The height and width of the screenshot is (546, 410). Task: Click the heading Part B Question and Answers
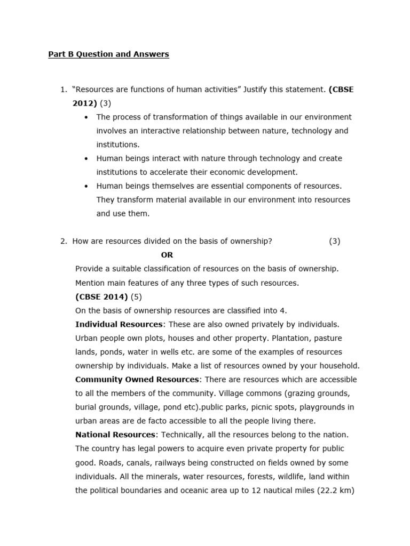[x=108, y=54]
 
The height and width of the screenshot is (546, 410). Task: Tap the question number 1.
[x=63, y=90]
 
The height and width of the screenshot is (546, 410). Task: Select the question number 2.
[x=63, y=241]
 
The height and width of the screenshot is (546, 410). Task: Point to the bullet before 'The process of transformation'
[x=87, y=117]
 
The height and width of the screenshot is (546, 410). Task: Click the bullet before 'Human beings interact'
[x=87, y=158]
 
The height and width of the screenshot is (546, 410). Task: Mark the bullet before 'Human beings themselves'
[x=87, y=186]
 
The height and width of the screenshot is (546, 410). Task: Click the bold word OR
[x=167, y=255]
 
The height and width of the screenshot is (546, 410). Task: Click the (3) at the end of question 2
[x=335, y=241]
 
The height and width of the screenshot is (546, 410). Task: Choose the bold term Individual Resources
[x=119, y=324]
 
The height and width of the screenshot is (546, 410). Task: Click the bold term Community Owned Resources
[x=137, y=380]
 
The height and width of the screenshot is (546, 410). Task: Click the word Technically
[x=182, y=435]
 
